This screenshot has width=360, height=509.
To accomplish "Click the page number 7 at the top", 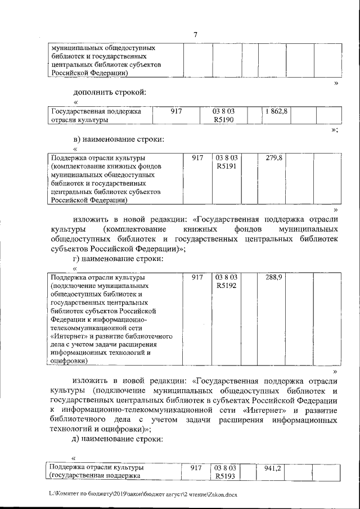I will tap(195, 35).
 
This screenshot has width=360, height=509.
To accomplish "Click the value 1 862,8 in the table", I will tap(275, 111).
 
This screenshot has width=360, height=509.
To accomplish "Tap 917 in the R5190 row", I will tap(177, 111).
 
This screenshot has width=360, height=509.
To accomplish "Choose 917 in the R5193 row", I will tap(195, 468).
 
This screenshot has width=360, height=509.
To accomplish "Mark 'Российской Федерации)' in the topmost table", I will tap(89, 73).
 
